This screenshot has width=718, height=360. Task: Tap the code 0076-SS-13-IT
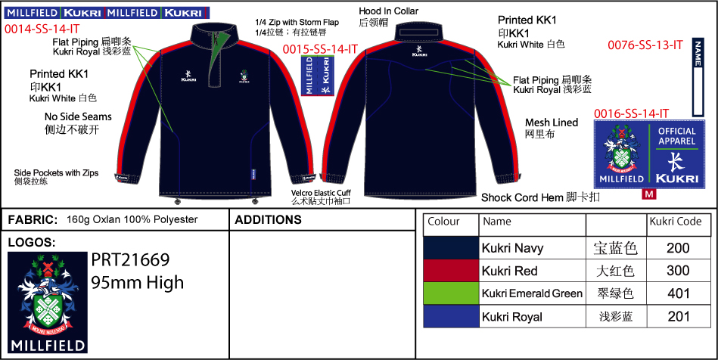point(645,45)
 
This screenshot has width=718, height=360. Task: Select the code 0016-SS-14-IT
point(632,113)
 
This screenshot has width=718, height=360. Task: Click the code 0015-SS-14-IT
point(320,49)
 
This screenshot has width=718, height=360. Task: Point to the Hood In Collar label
point(388,11)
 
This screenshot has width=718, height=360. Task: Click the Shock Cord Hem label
point(523,197)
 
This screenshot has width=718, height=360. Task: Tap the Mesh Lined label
point(552,122)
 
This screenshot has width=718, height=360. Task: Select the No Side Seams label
point(78,117)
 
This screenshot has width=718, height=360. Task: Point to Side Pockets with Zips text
point(57,172)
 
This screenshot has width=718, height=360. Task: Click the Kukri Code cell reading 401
point(678,293)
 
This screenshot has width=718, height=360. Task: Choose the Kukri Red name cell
point(510,271)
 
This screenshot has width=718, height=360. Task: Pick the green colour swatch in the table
point(451,293)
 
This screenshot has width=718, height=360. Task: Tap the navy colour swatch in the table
point(451,248)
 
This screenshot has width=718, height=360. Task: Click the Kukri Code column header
point(676,222)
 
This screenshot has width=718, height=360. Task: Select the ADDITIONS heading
point(269,220)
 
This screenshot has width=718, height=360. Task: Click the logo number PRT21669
point(130,260)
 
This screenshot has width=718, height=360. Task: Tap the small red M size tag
point(648,194)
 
